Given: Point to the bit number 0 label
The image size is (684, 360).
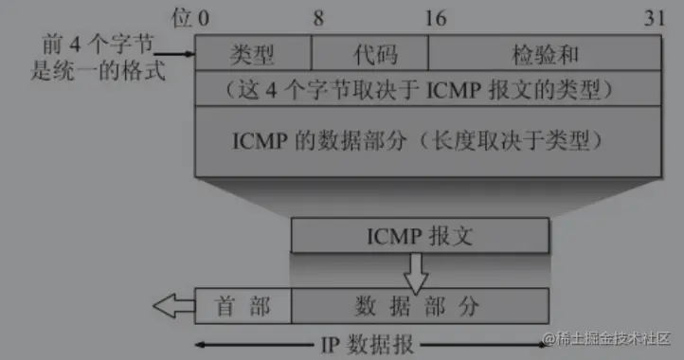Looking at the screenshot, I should [x=205, y=17].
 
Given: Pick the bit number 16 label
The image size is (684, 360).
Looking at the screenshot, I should [x=435, y=17].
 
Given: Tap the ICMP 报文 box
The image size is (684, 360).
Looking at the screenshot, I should [x=419, y=236].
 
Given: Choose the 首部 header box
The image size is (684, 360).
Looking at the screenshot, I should [x=243, y=306].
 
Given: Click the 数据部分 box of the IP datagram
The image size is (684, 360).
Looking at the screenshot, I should [x=419, y=306].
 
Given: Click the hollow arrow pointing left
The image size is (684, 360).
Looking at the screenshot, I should [x=173, y=306].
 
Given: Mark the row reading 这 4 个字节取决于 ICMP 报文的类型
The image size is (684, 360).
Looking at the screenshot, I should [x=429, y=91].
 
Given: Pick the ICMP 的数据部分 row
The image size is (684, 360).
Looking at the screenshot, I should [x=429, y=141].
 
